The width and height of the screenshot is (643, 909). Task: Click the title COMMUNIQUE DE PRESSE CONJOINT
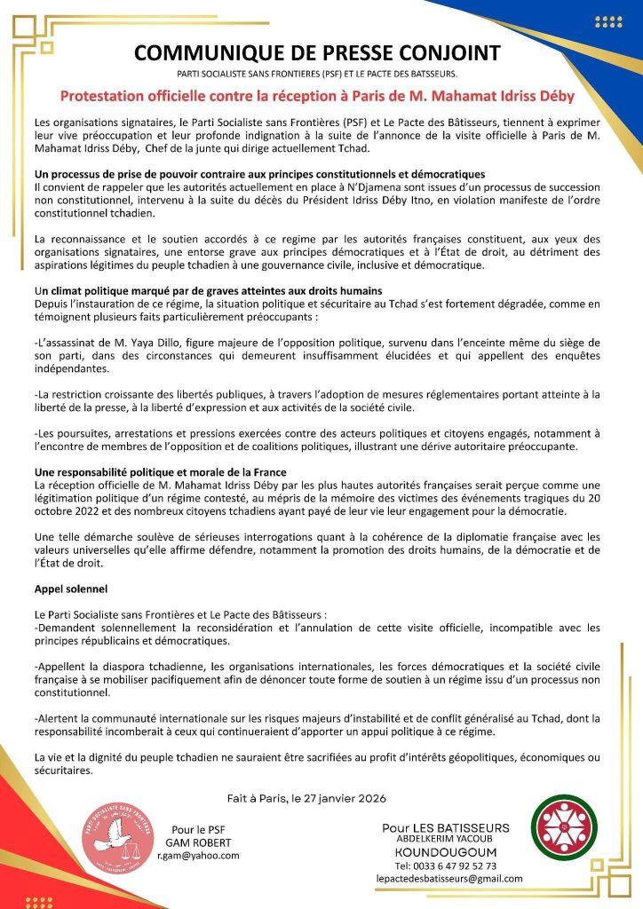[317, 53]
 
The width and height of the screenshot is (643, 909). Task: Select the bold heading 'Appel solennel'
[70, 589]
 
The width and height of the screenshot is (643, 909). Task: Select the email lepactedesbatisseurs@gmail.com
[449, 879]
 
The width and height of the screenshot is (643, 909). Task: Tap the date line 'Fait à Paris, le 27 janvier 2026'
[317, 797]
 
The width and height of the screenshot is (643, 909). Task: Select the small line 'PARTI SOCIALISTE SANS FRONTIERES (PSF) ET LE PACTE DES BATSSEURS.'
[317, 74]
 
